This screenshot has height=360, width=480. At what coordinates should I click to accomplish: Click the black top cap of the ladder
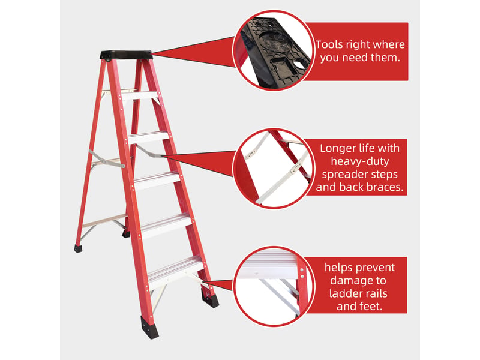point(127,55)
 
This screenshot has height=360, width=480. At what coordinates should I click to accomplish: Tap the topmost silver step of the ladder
point(140,95)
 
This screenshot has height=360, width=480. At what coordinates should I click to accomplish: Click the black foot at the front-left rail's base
point(149,327)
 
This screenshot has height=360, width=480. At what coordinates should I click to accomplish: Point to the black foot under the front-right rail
point(211,298)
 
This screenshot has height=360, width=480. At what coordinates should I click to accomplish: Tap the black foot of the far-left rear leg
point(78,248)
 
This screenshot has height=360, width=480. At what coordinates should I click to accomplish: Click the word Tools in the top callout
point(329,44)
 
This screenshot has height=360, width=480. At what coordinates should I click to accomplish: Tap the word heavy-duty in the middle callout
point(359,161)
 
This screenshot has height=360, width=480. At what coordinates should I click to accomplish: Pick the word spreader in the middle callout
point(344,175)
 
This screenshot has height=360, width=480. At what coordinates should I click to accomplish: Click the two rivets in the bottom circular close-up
point(302,273)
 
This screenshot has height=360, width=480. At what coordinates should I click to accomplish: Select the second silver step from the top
point(148,137)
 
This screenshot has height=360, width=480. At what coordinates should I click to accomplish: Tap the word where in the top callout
point(389,44)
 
